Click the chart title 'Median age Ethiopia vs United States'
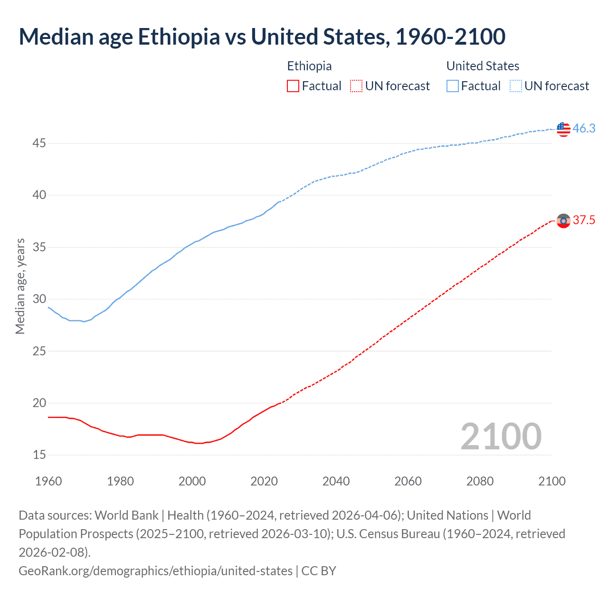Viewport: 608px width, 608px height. coord(262,37)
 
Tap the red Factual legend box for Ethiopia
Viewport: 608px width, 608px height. coord(293,86)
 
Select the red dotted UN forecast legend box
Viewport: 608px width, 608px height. coord(356,86)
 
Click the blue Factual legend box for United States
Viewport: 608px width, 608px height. coord(453,86)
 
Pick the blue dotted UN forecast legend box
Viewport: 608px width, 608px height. coord(516,86)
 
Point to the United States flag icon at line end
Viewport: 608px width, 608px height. coord(563,129)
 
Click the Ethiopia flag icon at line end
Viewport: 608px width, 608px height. coord(563,221)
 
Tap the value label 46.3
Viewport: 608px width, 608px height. coord(584,129)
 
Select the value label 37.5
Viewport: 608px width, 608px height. coord(584,220)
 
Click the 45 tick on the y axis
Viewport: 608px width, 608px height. coord(39,143)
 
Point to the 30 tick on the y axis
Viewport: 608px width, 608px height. coord(39,299)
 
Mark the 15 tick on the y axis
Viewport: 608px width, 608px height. coord(39,455)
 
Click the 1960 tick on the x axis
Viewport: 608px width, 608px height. coord(48,481)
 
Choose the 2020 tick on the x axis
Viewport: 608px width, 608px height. coord(264,481)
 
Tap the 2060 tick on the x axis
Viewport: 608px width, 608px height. coord(408,481)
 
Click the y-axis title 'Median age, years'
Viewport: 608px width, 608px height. coord(20,286)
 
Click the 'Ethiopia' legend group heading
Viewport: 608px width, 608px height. coord(309,66)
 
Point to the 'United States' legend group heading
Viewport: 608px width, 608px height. coord(483,66)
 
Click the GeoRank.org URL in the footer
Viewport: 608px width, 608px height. coord(155,571)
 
